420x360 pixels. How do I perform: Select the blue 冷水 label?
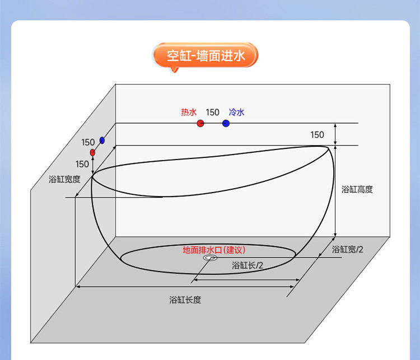tap(236, 113)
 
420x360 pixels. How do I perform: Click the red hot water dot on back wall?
tap(200, 123)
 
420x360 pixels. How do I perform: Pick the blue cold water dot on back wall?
tap(226, 123)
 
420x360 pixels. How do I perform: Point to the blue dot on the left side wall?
tap(102, 140)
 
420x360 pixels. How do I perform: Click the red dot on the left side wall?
tap(92, 152)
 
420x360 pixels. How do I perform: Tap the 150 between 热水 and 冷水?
tap(212, 113)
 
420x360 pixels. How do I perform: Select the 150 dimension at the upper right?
tap(317, 135)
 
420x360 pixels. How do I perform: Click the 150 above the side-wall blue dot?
tap(88, 142)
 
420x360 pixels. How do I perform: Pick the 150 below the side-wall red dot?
tap(82, 164)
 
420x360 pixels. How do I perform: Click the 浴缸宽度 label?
tap(65, 180)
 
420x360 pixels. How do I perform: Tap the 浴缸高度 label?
tap(357, 189)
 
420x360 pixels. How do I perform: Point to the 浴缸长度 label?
tap(185, 300)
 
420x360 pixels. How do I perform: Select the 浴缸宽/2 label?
tap(348, 249)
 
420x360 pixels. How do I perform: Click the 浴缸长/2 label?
tap(248, 265)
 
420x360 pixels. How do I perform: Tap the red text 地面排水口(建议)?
tap(214, 250)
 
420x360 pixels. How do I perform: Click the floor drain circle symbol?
tap(210, 259)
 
